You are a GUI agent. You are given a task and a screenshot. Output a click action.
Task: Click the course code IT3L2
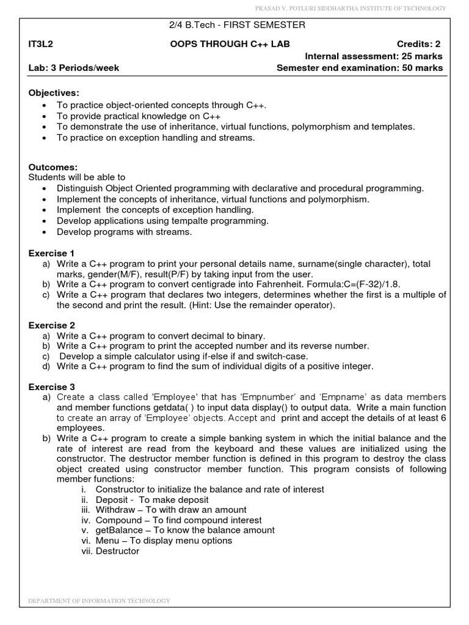[41, 43]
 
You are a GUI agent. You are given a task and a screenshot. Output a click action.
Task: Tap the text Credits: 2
[418, 43]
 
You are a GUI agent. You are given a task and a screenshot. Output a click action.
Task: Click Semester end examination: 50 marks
[360, 68]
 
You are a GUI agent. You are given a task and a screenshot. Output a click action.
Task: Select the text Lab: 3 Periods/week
[73, 68]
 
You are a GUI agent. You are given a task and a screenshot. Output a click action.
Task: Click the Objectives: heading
[54, 92]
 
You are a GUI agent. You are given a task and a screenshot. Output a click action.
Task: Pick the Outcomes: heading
[53, 167]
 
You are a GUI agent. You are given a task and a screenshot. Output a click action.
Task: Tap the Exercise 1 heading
[52, 253]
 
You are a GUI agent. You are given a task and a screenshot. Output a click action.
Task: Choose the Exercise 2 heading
[52, 325]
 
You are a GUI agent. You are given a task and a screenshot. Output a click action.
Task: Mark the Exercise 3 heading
[52, 387]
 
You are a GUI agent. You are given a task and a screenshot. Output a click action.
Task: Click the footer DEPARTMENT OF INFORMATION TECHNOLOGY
[100, 601]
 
